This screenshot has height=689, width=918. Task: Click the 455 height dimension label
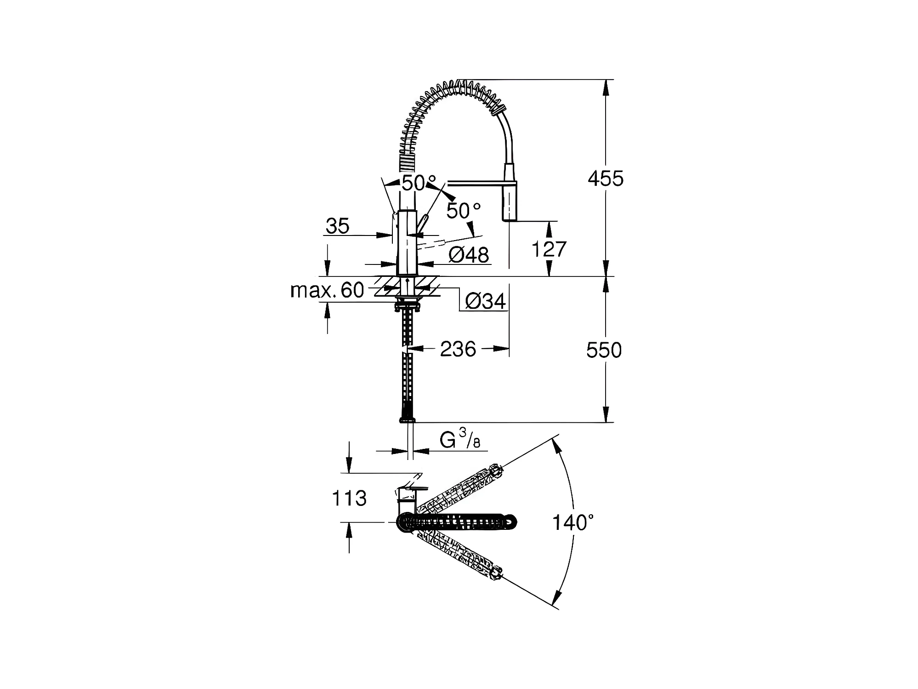(605, 178)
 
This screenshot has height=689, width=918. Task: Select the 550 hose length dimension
(604, 350)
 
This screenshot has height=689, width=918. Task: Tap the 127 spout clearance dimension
(549, 249)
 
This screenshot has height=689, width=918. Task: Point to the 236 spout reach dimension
(458, 349)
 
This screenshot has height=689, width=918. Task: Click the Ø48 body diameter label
(469, 255)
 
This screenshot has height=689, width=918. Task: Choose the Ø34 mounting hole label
(485, 301)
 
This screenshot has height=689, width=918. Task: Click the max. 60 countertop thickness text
(328, 290)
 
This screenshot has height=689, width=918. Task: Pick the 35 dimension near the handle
(338, 226)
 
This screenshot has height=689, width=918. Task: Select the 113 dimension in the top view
(349, 498)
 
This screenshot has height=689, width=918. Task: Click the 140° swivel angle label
(572, 523)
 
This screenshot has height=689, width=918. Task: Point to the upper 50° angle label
(418, 183)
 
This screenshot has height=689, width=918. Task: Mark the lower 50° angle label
(463, 211)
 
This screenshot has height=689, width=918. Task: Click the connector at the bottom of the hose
(407, 418)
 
